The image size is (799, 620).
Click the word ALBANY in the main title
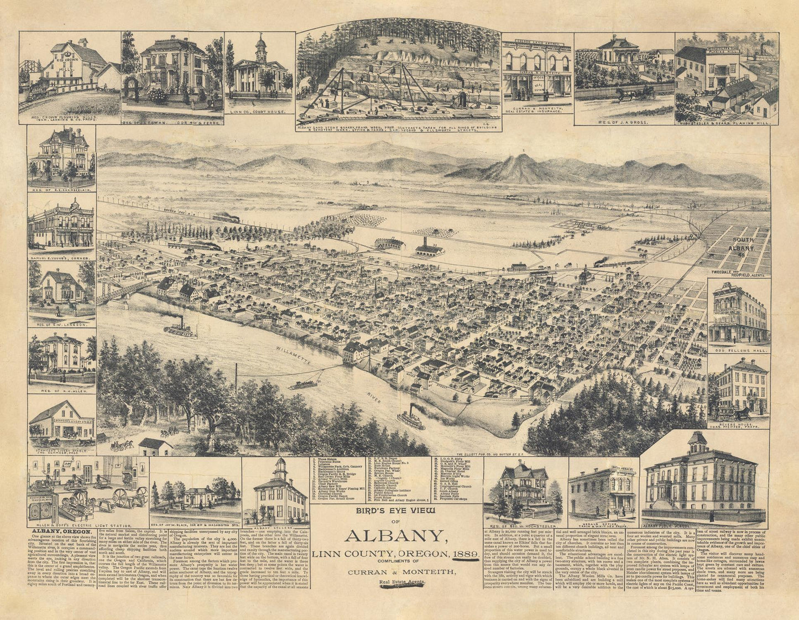coord(396,536)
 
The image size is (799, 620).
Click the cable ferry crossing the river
coord(301,384)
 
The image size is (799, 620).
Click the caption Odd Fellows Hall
coord(738,351)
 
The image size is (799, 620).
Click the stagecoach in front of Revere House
coord(719,413)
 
